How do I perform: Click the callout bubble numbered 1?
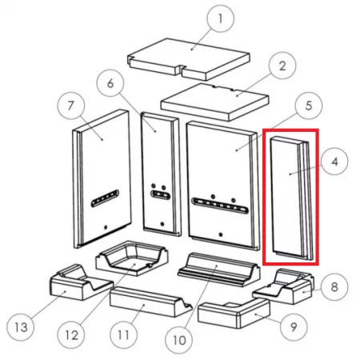point(221,18)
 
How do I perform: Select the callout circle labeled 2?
point(282,66)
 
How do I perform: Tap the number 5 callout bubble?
point(309,106)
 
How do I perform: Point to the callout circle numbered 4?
point(334,162)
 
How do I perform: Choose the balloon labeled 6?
point(110,83)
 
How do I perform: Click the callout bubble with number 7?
point(71,106)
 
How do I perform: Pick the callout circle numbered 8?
point(334,287)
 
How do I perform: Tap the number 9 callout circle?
point(294,326)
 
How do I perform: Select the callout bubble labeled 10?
point(179,340)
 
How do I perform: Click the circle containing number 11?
point(124,335)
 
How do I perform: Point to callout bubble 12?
point(71,335)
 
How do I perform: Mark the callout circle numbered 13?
point(21,327)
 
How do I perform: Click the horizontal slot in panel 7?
point(105,198)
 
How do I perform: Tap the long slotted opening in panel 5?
point(220,206)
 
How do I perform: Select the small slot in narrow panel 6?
point(160,195)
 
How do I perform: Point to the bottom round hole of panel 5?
point(221,234)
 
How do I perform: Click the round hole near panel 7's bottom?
point(106,227)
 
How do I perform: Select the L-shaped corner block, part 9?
point(234,314)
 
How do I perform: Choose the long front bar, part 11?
point(150,302)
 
